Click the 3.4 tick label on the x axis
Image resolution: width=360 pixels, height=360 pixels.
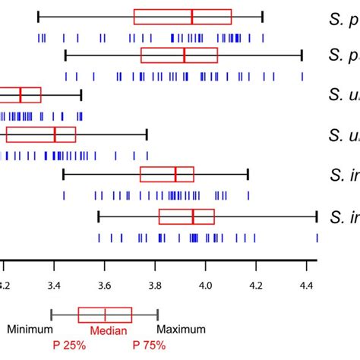pyautogui.click(x=54, y=286)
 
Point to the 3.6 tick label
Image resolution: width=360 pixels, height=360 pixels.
pyautogui.click(x=105, y=286)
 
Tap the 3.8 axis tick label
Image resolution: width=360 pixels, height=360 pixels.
pyautogui.click(x=155, y=286)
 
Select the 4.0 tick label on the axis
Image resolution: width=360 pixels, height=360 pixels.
pyautogui.click(x=205, y=286)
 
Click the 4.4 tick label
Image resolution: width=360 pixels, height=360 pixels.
pyautogui.click(x=306, y=286)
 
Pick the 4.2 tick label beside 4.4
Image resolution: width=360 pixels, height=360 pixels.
pyautogui.click(x=256, y=286)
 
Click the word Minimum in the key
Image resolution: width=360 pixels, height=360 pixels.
pyautogui.click(x=30, y=330)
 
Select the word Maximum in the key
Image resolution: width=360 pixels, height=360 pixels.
pyautogui.click(x=182, y=330)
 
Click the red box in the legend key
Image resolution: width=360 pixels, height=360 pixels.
pyautogui.click(x=105, y=315)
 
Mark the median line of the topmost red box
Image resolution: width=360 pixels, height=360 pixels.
pyautogui.click(x=192, y=17)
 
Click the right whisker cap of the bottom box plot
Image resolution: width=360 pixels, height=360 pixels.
pyautogui.click(x=316, y=217)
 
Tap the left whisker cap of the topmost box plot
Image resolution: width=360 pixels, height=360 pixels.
pyautogui.click(x=38, y=17)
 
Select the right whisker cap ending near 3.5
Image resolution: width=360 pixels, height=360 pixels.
pyautogui.click(x=81, y=95)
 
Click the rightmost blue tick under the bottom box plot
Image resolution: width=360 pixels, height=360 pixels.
pyautogui.click(x=317, y=238)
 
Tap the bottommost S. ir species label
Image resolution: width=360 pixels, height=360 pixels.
pyautogui.click(x=344, y=217)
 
